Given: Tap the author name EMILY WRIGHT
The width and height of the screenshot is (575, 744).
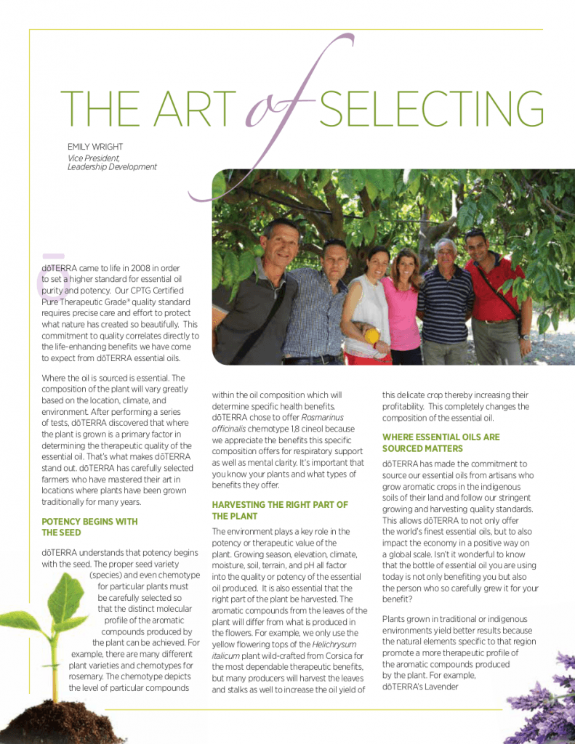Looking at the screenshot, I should pos(96,146).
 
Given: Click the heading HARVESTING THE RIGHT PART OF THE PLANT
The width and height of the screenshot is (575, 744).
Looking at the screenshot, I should pos(280,510).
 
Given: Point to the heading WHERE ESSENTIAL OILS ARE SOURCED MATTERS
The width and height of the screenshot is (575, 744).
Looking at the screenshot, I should pos(441,442).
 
